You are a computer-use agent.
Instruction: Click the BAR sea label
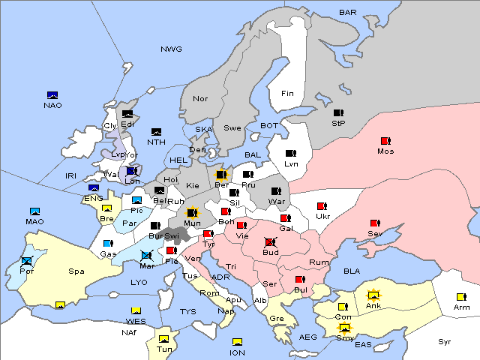coord(348,12)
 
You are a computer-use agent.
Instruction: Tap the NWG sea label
coord(171,49)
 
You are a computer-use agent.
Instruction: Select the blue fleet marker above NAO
coord(52,95)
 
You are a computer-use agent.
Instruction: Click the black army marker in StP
coord(338,113)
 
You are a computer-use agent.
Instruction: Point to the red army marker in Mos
coord(385,141)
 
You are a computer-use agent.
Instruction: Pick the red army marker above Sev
coord(375,223)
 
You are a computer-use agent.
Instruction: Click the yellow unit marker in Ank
coord(373,295)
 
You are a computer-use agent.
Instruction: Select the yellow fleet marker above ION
coord(237,342)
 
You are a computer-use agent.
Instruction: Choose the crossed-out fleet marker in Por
coord(28,261)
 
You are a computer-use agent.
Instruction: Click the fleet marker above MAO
coord(34,211)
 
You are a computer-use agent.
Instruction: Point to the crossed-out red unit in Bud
coord(270,242)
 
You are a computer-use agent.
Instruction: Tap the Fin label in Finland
coord(287,94)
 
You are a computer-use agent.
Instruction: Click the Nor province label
coord(200,99)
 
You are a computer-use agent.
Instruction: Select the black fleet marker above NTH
coord(157,132)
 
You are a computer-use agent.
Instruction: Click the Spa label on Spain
coord(76,271)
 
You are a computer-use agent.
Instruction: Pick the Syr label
coord(445,341)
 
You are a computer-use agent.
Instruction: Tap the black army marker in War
coord(276,190)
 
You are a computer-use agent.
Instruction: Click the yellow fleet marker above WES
coord(136,310)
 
